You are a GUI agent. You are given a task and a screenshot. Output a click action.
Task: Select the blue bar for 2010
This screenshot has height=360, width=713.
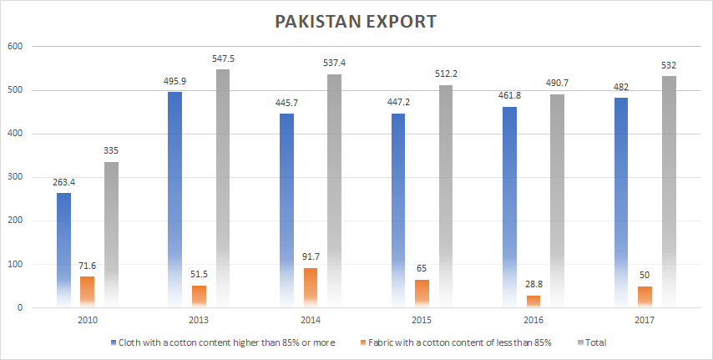(x=63, y=251)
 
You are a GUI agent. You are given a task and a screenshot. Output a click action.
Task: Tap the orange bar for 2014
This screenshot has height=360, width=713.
(x=310, y=287)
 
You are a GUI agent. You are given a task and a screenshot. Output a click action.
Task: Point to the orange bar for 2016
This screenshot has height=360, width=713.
(x=533, y=302)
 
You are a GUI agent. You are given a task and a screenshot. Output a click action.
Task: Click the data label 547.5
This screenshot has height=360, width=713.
(x=223, y=59)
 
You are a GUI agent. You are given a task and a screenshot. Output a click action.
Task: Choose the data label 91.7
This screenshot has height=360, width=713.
(x=310, y=258)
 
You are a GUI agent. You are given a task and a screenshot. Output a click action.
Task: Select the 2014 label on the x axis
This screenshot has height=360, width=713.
(x=310, y=320)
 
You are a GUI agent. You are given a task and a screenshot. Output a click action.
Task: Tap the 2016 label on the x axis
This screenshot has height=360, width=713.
(x=533, y=320)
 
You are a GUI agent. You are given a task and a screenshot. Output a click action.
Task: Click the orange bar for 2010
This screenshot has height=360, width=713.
(x=87, y=292)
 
